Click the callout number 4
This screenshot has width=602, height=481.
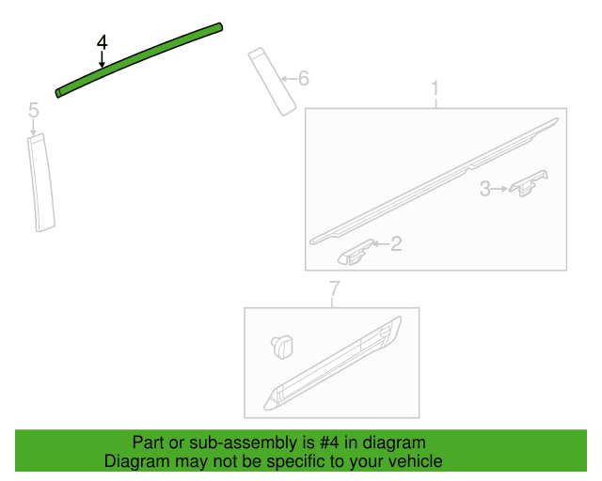click(x=103, y=42)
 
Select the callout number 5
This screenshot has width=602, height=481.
click(x=34, y=110)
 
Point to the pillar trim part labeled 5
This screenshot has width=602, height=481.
click(x=40, y=182)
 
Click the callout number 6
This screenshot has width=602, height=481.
click(x=304, y=78)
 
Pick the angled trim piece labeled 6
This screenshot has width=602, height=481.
click(x=272, y=82)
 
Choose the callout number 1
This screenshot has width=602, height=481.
click(x=435, y=88)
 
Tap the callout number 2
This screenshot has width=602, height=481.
click(x=396, y=244)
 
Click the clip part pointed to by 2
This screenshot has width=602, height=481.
click(x=356, y=253)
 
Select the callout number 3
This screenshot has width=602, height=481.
click(x=485, y=189)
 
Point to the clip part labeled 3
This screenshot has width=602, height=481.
click(x=529, y=183)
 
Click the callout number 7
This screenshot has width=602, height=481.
click(x=335, y=288)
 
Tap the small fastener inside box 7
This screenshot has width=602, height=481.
click(x=282, y=347)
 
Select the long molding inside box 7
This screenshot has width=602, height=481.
click(x=332, y=364)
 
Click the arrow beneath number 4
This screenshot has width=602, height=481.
click(x=102, y=60)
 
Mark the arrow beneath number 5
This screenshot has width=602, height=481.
click(x=34, y=127)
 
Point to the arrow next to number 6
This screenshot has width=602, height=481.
click(x=289, y=79)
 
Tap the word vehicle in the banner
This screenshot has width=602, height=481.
click(x=418, y=461)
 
